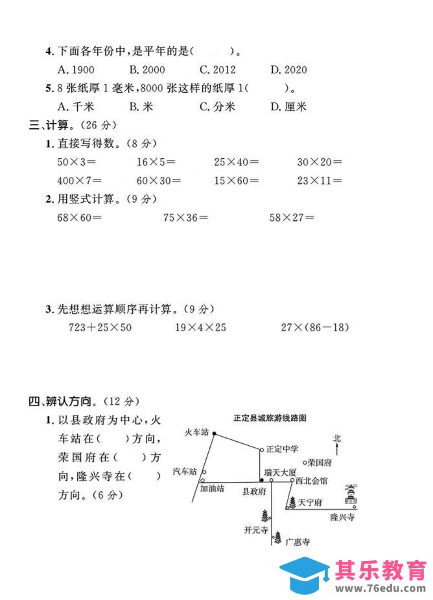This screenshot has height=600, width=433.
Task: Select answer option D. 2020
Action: pyautogui.click(x=289, y=70)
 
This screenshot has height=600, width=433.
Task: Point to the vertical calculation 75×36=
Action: pyautogui.click(x=185, y=218)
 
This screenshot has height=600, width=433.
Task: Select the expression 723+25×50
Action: pyautogui.click(x=100, y=327)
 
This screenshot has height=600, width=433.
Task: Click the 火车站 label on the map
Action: pyautogui.click(x=197, y=432)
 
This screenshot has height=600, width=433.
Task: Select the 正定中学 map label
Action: pyautogui.click(x=282, y=448)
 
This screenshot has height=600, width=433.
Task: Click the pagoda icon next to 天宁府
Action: pyautogui.click(x=291, y=502)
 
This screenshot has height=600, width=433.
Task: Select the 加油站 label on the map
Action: pyautogui.click(x=212, y=489)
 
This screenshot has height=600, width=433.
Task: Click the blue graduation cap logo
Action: pyautogui.click(x=306, y=573)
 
